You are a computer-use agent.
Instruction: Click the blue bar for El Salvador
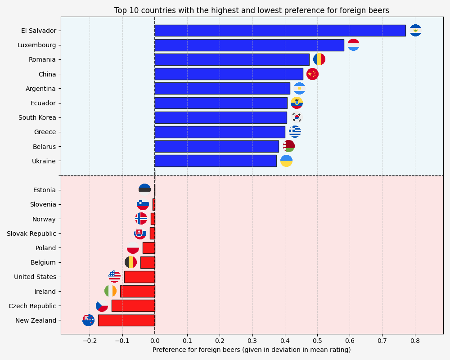pos(280,31)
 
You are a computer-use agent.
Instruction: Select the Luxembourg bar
pos(249,45)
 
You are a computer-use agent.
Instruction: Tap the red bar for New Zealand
pos(126,320)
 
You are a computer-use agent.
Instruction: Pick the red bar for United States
pos(139,277)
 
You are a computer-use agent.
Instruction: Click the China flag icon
pos(312,74)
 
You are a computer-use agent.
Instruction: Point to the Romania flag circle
pos(319,59)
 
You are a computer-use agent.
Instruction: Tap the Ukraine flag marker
pos(286,161)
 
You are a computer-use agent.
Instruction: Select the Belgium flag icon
pos(130,262)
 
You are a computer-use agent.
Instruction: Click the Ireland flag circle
pos(110,291)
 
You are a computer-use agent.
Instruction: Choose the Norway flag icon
pos(141,219)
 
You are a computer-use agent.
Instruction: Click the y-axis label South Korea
pos(37,118)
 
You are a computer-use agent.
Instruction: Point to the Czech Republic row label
pos(32,306)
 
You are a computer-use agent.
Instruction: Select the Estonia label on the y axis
pos(45,190)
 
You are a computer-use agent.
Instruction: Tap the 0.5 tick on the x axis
pos(317,340)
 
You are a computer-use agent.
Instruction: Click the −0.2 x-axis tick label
pos(89,340)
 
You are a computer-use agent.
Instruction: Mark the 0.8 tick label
pos(415,340)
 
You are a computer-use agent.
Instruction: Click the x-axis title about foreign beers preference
pos(252,350)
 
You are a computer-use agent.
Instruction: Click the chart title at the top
pos(252,10)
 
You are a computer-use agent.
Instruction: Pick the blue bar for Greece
pos(220,132)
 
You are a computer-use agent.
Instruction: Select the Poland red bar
pos(149,248)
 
